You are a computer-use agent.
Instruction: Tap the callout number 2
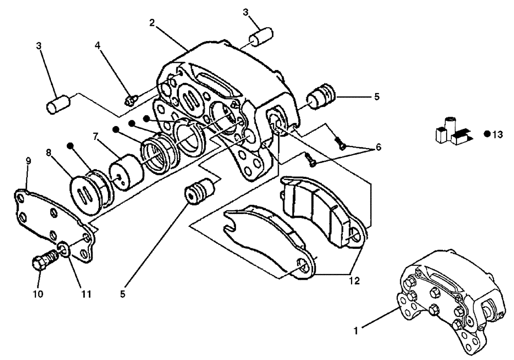[152, 22]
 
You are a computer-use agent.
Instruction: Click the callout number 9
[28, 160]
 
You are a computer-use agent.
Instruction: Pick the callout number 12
[353, 281]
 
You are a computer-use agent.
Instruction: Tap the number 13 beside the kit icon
[497, 135]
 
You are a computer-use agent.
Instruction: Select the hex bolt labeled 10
[40, 260]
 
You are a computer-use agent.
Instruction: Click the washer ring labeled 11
[62, 251]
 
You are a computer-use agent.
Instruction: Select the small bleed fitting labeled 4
[130, 97]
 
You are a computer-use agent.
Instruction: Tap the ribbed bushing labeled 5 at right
[321, 97]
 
